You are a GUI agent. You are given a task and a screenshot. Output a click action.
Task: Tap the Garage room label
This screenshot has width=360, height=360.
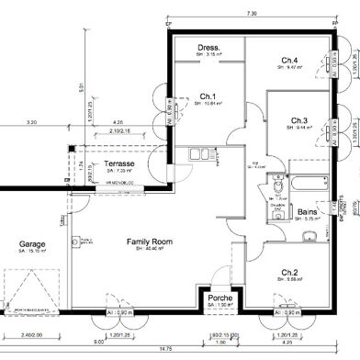point(33,244)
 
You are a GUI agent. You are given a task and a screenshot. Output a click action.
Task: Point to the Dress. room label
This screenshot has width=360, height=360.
point(208,47)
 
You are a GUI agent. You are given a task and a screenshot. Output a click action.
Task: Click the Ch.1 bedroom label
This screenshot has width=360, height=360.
point(207,96)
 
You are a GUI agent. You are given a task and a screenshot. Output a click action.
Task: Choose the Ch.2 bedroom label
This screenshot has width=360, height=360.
point(289,273)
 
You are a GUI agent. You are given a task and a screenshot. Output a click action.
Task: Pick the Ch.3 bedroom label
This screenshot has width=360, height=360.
point(299,120)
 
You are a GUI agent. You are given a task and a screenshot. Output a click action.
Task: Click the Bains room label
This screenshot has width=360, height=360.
point(308,212)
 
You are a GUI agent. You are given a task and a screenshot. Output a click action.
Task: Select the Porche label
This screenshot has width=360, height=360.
point(219,298)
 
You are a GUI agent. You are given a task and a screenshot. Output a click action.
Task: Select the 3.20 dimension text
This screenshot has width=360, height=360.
point(31,122)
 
